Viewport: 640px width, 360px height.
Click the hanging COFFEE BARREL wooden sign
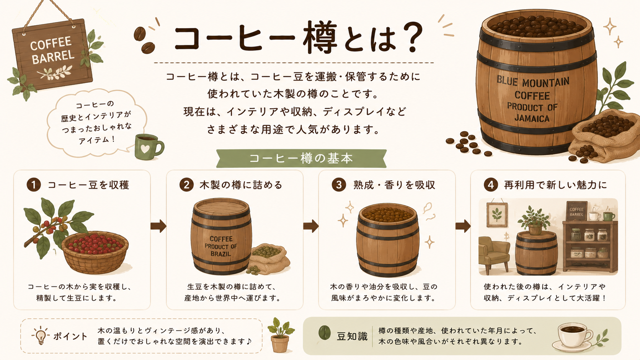52,55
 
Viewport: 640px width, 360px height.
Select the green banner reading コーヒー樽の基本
301,158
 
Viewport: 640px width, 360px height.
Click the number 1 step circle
34,185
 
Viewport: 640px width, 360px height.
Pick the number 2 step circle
186,185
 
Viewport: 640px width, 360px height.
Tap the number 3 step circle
339,185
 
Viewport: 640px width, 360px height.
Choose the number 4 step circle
491,185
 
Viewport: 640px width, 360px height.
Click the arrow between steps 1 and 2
158,226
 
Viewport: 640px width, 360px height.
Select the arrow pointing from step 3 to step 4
463,226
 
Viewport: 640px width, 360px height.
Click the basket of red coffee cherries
95,252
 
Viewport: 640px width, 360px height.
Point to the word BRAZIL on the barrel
220,254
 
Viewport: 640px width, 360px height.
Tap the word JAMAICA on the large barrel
532,118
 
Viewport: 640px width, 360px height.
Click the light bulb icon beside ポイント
41,335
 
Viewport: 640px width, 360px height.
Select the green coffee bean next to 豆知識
325,332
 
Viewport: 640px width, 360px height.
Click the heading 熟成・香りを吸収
394,185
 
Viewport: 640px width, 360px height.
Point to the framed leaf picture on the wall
497,215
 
